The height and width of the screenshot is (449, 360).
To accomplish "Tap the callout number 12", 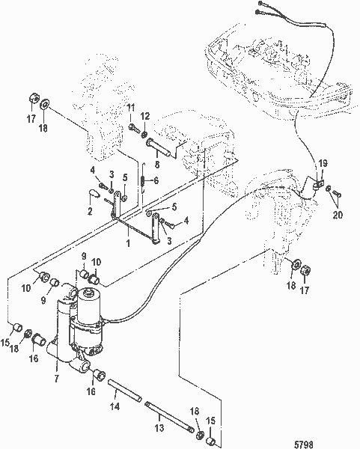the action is tap(145, 116).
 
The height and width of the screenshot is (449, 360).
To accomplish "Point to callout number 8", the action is tap(157, 165).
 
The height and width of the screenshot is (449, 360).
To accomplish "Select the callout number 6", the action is tap(156, 180).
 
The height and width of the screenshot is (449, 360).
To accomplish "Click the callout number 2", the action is tap(90, 211).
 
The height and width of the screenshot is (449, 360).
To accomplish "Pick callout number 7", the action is tap(56, 379).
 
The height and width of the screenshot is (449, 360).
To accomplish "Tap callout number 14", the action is tap(115, 406).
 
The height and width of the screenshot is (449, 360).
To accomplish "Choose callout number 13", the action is tap(159, 428).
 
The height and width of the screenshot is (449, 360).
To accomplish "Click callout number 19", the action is tap(323, 163).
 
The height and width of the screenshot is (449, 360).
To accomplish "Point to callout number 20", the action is tap(338, 215).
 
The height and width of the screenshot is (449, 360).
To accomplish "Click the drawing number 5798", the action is tap(304, 444).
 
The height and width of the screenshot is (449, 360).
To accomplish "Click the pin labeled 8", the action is tap(161, 148).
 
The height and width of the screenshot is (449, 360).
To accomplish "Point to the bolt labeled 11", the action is tap(134, 127).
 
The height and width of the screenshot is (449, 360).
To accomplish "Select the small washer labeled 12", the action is tap(144, 133).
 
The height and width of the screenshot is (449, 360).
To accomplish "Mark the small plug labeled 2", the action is tap(93, 193).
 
